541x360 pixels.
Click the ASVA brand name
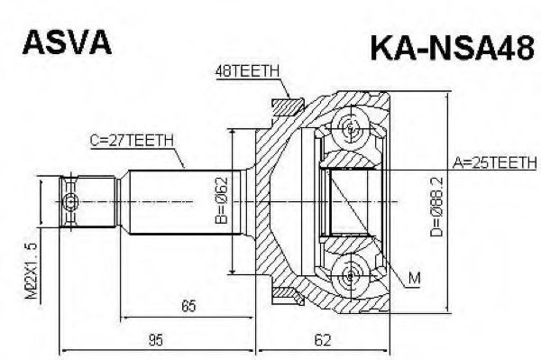point(68,42)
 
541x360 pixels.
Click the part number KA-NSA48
point(453,50)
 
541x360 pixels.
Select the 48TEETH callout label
point(247,71)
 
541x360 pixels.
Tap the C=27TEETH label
point(132,141)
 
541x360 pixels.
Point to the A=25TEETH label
point(494,162)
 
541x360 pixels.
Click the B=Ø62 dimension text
point(221,199)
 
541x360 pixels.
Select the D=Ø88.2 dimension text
point(436,207)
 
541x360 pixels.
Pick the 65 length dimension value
point(188,306)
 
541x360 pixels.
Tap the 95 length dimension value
point(155,340)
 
